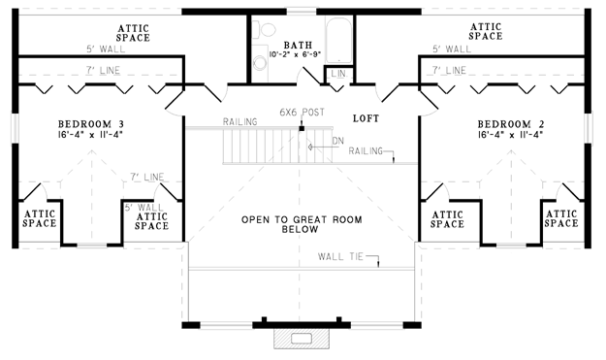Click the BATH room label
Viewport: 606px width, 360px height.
coord(298,45)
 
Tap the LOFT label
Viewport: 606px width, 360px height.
coord(366,118)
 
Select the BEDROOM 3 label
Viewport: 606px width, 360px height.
coord(91,124)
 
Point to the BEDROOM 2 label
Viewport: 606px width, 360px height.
coord(511,124)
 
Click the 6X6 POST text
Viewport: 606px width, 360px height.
coord(303,113)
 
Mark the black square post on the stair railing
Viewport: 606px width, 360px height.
coord(302,128)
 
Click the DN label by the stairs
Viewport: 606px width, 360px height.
coord(337,141)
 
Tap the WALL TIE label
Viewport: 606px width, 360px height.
coord(340,256)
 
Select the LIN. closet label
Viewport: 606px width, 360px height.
coord(339,74)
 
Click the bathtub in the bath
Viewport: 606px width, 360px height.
coord(338,40)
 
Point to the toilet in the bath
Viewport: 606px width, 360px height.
coord(264,28)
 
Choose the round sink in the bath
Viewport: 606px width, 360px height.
coord(260,63)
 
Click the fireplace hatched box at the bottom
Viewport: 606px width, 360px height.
coord(302,339)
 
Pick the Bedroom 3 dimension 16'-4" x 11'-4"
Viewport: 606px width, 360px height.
coord(91,135)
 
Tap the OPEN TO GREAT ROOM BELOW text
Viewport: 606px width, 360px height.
coord(302,224)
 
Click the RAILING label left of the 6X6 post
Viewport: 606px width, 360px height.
coord(240,122)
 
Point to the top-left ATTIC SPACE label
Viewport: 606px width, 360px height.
coord(133,33)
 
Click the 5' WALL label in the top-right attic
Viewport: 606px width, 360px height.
coord(452,49)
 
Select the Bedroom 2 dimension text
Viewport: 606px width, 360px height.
coord(511,135)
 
